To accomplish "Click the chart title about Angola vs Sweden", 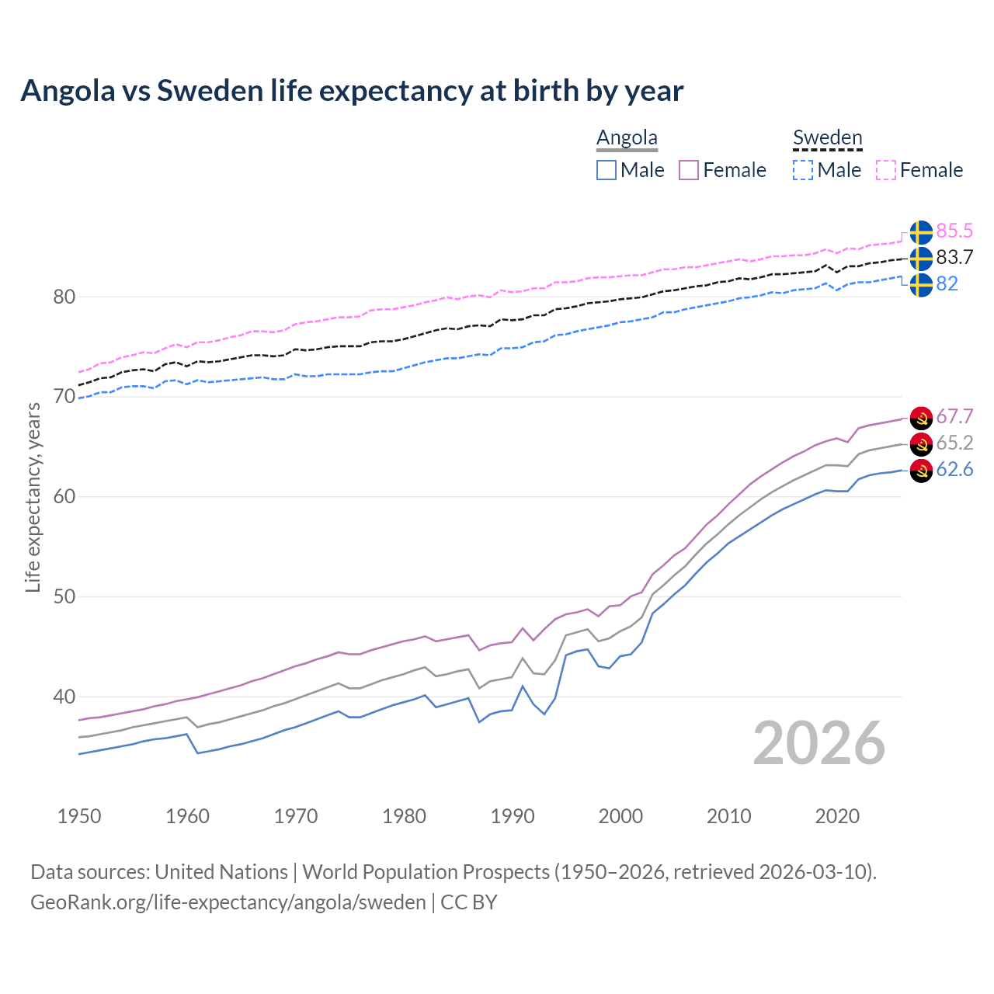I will (352, 91).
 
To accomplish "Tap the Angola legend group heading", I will (627, 137).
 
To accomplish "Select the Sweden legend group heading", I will (827, 137).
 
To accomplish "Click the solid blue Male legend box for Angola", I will (606, 170).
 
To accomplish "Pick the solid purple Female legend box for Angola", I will (689, 170).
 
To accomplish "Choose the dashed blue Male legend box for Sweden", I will (803, 170).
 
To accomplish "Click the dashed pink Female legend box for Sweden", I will (886, 170).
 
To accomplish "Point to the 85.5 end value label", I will (954, 231).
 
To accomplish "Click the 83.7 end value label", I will (954, 257).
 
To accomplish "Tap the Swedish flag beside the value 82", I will (921, 284).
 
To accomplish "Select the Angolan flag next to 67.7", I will (921, 417).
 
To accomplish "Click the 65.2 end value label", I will (954, 443).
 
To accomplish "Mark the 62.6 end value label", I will (954, 469).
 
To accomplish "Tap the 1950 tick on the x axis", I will (79, 816).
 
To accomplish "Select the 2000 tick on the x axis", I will (620, 816).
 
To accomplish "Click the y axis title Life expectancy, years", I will (33, 497).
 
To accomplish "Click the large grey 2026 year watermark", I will (819, 743).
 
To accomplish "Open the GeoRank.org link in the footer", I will (228, 902).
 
